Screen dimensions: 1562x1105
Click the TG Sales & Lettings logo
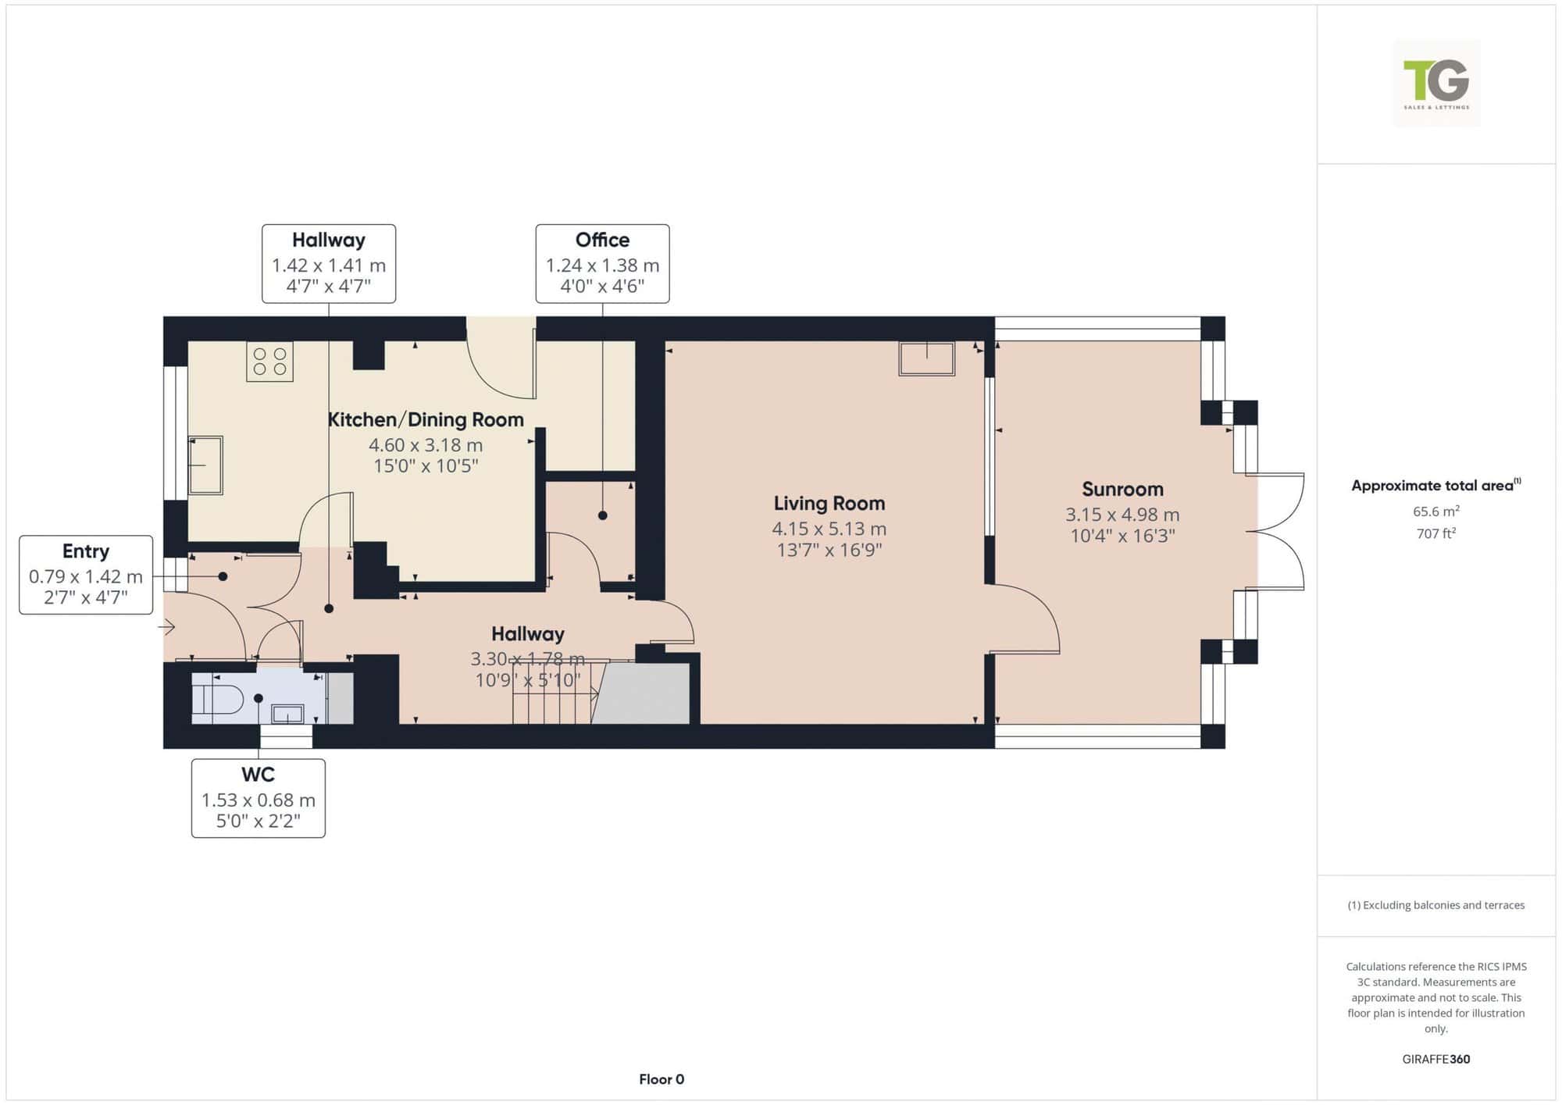click(x=1436, y=84)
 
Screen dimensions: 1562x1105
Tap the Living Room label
click(x=829, y=504)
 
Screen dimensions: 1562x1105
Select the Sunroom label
click(x=1122, y=490)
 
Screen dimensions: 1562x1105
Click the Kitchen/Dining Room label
click(x=426, y=419)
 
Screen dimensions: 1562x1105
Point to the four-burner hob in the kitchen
click(x=269, y=362)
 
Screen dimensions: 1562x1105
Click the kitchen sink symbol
click(x=205, y=465)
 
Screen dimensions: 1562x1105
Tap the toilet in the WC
click(x=218, y=698)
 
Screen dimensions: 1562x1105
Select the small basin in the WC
click(x=287, y=714)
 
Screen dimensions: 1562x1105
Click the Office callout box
click(x=602, y=264)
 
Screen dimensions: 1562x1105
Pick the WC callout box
click(x=259, y=798)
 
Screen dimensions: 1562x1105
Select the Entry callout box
click(x=86, y=575)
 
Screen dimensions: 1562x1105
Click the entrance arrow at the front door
click(x=166, y=626)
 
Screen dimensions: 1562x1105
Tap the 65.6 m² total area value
click(x=1436, y=512)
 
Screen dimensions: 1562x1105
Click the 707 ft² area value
click(x=1436, y=533)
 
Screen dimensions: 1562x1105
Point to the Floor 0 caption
click(x=662, y=1079)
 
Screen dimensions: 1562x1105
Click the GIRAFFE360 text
click(x=1436, y=1059)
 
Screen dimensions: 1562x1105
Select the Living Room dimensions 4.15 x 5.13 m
click(x=829, y=529)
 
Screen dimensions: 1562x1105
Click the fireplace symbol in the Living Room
click(x=927, y=358)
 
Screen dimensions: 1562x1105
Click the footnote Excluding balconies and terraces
click(x=1436, y=905)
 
